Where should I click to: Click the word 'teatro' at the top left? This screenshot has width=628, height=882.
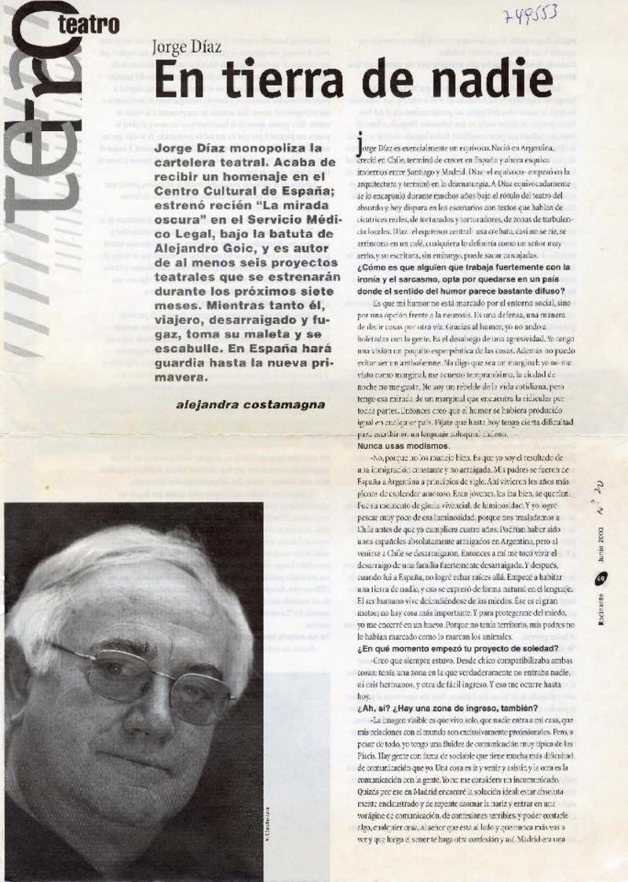click(89, 25)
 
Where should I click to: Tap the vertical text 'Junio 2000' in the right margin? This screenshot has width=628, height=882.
click(599, 549)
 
